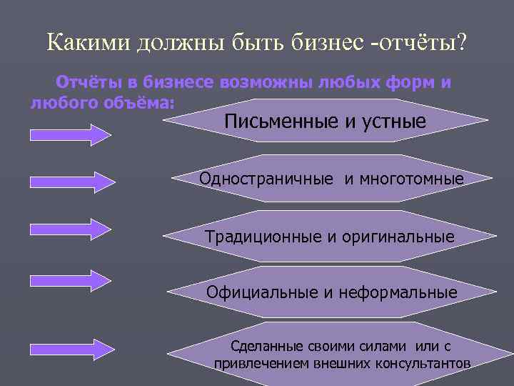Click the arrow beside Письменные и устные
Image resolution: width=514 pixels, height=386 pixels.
(x=71, y=134)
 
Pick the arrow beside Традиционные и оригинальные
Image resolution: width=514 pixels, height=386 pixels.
(x=71, y=228)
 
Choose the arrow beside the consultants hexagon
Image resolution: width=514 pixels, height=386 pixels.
(x=71, y=348)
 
